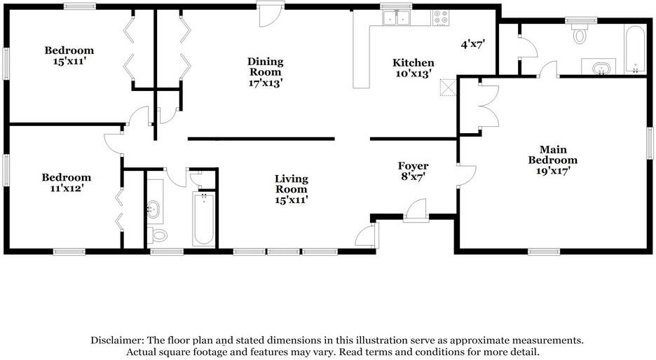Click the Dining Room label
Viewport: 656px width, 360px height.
pos(264,71)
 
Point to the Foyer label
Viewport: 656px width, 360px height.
pos(413,171)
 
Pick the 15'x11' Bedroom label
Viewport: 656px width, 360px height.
pos(69,55)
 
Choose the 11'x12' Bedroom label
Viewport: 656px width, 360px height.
pos(66,183)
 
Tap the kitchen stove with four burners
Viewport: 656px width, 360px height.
pos(442,18)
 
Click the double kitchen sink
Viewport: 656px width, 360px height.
pos(397,18)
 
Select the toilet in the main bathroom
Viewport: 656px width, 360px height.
pos(580,33)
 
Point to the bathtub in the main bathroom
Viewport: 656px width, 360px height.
pos(636,50)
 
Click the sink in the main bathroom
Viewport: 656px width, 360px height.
pos(599,68)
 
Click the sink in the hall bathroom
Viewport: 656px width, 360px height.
pos(154,208)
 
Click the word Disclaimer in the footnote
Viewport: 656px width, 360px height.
pos(116,340)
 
